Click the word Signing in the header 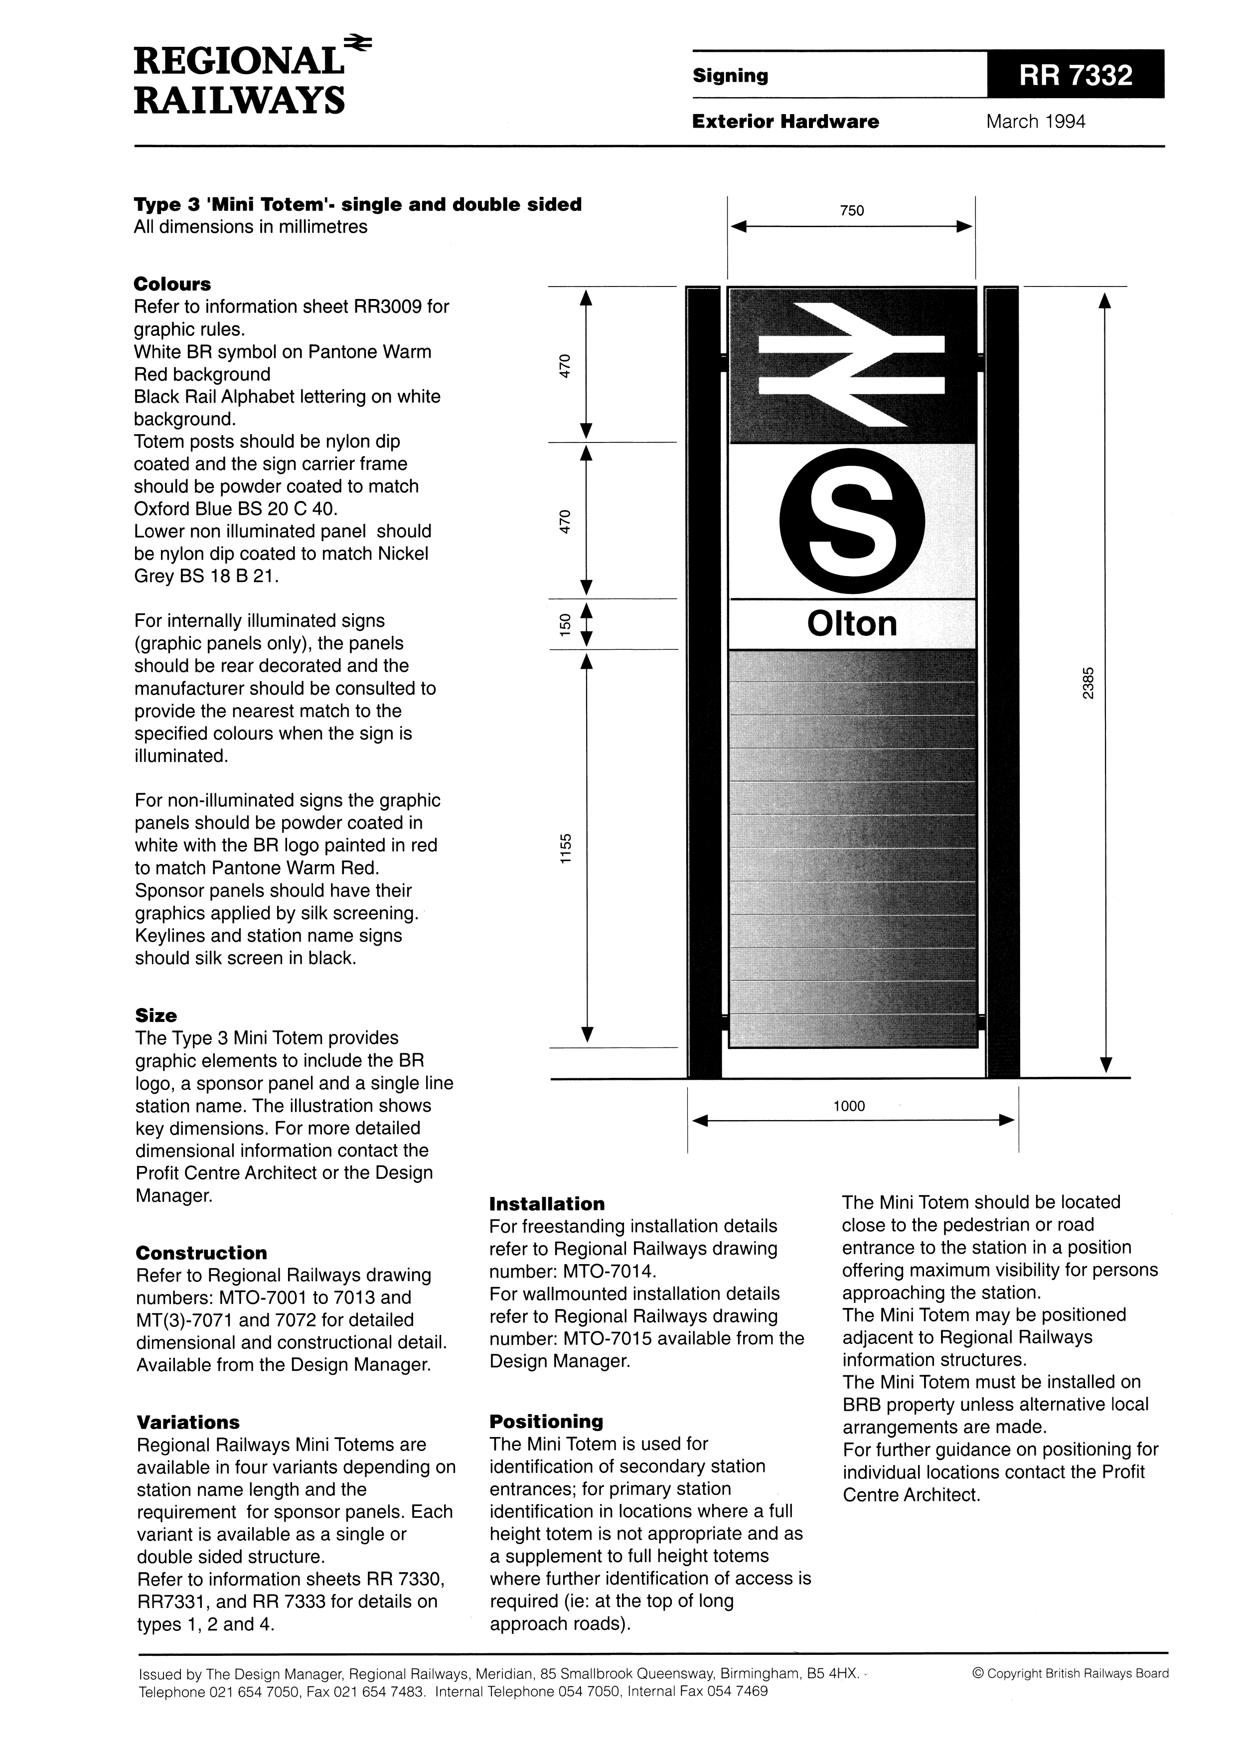pos(730,75)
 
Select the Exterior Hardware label pos(785,122)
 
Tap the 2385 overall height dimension pos(1088,682)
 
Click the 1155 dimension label pos(564,848)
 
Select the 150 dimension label pos(564,624)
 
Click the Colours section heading pos(172,284)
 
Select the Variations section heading pos(188,1422)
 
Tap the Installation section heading pos(547,1204)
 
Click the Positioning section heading pos(546,1422)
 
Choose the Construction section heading pos(202,1253)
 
